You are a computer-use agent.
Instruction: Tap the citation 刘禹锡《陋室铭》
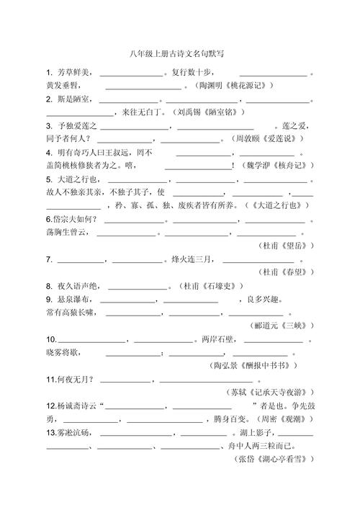tap(210, 112)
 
